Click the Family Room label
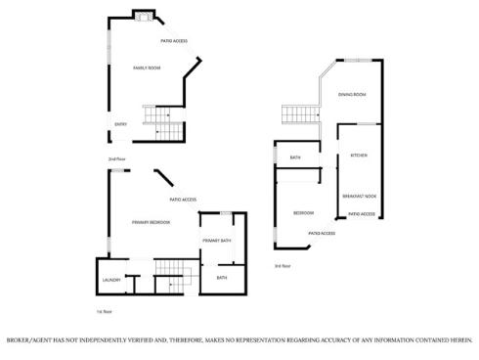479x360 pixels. (x=147, y=67)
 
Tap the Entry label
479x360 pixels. (x=120, y=124)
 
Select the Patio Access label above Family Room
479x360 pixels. (x=174, y=41)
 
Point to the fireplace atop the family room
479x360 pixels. (x=143, y=16)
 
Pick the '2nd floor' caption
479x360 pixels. (x=116, y=158)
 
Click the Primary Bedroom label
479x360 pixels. (x=151, y=222)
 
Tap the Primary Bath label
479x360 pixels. (x=216, y=241)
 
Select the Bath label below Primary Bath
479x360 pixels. (x=221, y=278)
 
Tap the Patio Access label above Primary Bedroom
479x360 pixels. (x=183, y=200)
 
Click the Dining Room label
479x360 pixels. (x=352, y=94)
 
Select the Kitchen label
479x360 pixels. (x=358, y=157)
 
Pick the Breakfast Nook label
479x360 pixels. (x=360, y=196)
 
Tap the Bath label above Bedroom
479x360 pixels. (x=294, y=157)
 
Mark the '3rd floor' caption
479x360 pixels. (x=283, y=266)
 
